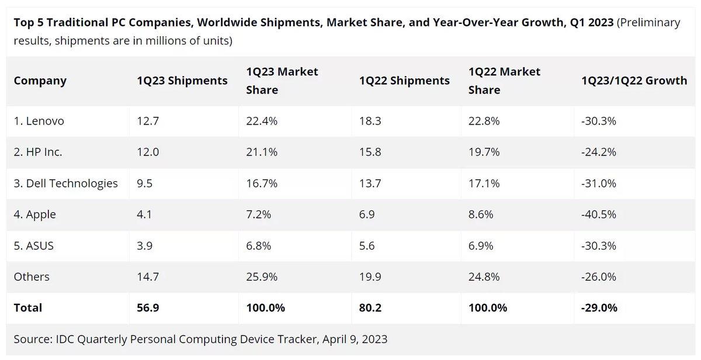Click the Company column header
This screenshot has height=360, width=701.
click(x=40, y=81)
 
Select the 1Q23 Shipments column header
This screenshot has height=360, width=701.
click(x=182, y=81)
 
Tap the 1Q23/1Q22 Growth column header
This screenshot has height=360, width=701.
click(x=634, y=81)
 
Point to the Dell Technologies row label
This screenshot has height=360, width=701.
click(x=65, y=184)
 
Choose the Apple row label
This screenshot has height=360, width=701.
click(x=35, y=214)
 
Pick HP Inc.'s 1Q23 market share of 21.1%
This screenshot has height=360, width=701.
click(x=262, y=152)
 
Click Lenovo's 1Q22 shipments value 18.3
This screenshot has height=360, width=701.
click(x=370, y=121)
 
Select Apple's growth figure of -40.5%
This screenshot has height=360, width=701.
click(x=599, y=214)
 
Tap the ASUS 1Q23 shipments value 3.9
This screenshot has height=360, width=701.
click(x=144, y=245)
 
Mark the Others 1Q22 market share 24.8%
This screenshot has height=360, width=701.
click(x=484, y=276)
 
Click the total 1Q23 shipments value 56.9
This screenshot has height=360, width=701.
click(x=147, y=307)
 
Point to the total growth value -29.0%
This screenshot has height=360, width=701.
click(x=599, y=307)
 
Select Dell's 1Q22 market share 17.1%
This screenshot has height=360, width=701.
click(x=484, y=184)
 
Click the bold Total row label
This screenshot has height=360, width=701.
click(x=28, y=307)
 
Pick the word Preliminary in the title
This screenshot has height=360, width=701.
click(x=648, y=23)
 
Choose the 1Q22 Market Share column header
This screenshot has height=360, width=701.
click(x=504, y=81)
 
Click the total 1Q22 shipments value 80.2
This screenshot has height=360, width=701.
click(x=370, y=307)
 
